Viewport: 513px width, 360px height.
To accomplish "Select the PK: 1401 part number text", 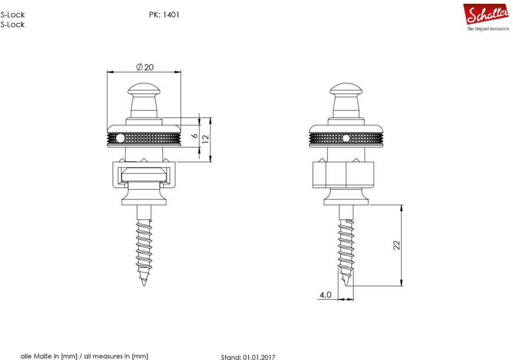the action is coord(164,15).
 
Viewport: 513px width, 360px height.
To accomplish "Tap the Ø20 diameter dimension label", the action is coord(144,67).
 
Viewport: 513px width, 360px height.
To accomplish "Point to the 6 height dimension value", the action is coord(195,135).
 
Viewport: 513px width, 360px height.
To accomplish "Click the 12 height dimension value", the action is coord(206,139).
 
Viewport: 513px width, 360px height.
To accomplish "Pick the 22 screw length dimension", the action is coord(396,245).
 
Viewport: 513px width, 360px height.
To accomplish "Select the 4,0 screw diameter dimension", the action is coord(325,295).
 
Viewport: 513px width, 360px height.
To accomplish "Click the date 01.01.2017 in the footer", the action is coord(259,357).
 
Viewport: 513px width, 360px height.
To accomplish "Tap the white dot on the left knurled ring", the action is coord(120,139).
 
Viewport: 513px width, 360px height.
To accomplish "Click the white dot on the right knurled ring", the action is coord(346,139).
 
